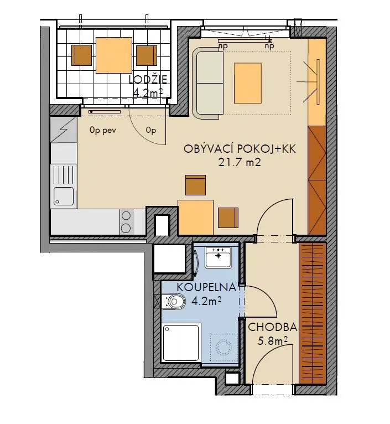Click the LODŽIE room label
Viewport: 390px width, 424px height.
pyautogui.click(x=148, y=80)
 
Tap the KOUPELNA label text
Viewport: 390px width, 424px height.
pyautogui.click(x=206, y=287)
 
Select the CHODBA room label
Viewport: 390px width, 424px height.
pyautogui.click(x=272, y=327)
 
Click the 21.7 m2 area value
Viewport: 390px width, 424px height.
pyautogui.click(x=240, y=162)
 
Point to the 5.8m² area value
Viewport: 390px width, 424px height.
pyautogui.click(x=272, y=341)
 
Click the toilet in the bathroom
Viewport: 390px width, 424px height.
pyautogui.click(x=174, y=301)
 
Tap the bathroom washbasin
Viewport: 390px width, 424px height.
pyautogui.click(x=218, y=257)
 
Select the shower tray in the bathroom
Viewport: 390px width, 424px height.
pyautogui.click(x=181, y=343)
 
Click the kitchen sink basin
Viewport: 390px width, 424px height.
pyautogui.click(x=64, y=196)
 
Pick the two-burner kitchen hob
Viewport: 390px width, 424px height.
pyautogui.click(x=126, y=222)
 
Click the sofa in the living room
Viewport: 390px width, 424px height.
pyautogui.click(x=208, y=83)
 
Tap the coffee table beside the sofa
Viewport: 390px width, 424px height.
pyautogui.click(x=248, y=83)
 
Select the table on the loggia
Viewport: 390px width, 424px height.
pyautogui.click(x=114, y=55)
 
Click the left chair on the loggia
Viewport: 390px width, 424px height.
pyautogui.click(x=81, y=55)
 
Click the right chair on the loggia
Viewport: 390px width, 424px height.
pyautogui.click(x=147, y=55)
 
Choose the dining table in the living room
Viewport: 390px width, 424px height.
pyautogui.click(x=195, y=217)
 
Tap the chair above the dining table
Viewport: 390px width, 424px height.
pyautogui.click(x=195, y=185)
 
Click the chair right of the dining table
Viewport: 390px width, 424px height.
pyautogui.click(x=228, y=218)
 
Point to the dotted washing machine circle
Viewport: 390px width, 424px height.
pyautogui.click(x=223, y=347)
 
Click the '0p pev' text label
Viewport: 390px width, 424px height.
pyautogui.click(x=103, y=131)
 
